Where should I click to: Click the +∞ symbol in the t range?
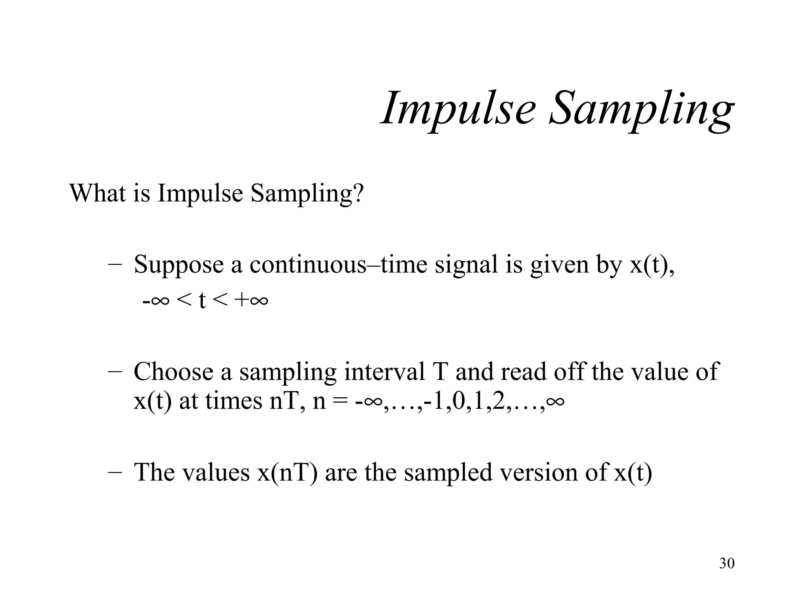click(x=251, y=301)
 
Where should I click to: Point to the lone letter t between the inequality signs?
click(x=202, y=301)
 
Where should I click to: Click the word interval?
click(x=385, y=372)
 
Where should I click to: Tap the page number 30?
click(x=727, y=564)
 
